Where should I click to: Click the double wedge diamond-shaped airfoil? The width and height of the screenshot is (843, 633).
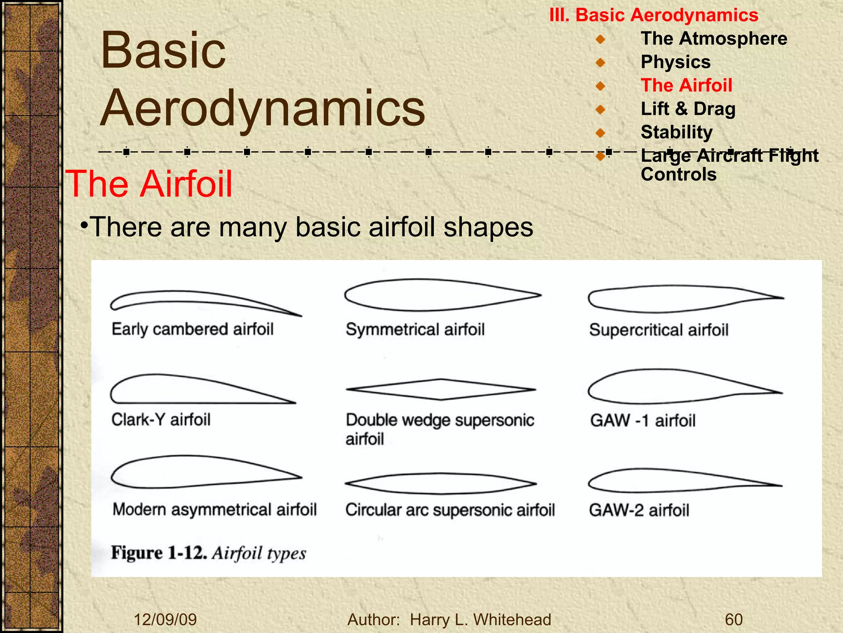click(x=440, y=389)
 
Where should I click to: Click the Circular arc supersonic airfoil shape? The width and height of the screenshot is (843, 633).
click(x=440, y=483)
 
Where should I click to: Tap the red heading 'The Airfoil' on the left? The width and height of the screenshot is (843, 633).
click(x=149, y=184)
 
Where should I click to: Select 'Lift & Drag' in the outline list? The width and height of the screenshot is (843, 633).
click(x=688, y=109)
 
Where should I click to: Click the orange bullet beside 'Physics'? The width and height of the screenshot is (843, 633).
click(x=601, y=63)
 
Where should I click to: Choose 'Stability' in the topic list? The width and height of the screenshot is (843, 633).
click(x=676, y=132)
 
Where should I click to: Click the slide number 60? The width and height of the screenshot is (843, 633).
click(x=734, y=620)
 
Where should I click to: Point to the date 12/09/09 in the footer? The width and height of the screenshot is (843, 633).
click(x=165, y=620)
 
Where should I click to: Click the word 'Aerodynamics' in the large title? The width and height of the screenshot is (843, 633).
click(x=263, y=108)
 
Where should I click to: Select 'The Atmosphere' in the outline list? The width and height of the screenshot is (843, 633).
click(x=714, y=39)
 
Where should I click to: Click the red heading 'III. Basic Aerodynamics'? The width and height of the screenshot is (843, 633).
click(x=654, y=15)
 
